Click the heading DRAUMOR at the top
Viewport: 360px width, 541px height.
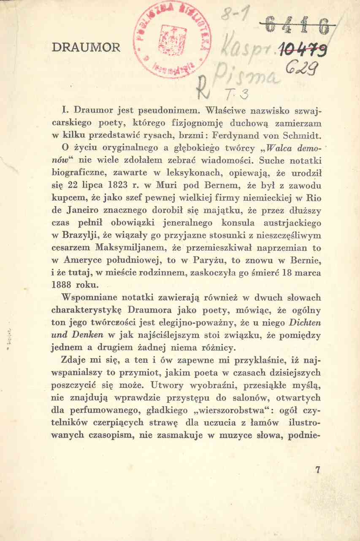point(86,48)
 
